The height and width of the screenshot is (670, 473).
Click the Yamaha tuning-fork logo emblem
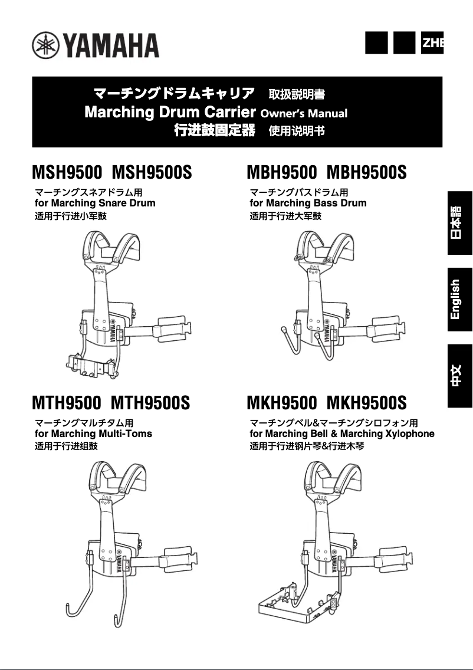click(45, 45)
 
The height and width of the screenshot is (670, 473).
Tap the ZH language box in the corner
click(432, 42)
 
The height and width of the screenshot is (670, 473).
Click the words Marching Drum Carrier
click(170, 112)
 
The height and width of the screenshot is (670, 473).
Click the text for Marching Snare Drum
click(96, 203)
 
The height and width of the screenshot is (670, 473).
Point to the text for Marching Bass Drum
click(308, 203)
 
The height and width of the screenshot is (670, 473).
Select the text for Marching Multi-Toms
click(94, 433)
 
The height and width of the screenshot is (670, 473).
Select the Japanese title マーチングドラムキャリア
click(175, 93)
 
